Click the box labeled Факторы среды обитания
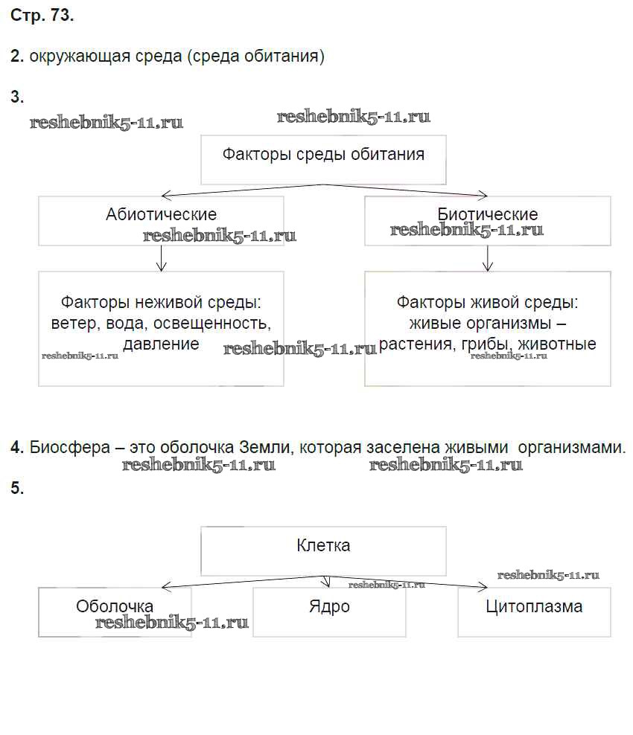(x=323, y=159)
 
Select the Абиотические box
(x=161, y=220)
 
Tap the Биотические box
(x=487, y=220)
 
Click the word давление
(x=161, y=344)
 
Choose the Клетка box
(x=323, y=551)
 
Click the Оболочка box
(x=115, y=612)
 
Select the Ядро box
(x=329, y=612)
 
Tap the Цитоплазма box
(x=534, y=612)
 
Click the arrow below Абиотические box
(x=161, y=258)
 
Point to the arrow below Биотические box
(x=487, y=258)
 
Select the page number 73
(x=62, y=16)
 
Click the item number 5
(x=17, y=489)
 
